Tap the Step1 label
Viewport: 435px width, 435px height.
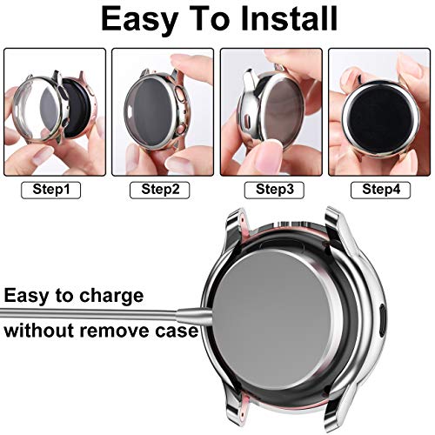coord(54,189)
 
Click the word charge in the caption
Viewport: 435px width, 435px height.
coord(106,296)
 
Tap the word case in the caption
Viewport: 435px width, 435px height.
coord(177,331)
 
